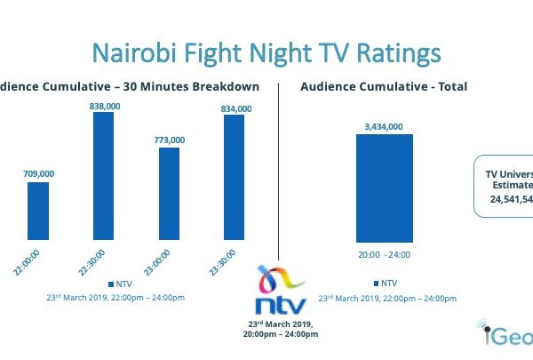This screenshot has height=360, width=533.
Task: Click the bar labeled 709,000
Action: coord(38,211)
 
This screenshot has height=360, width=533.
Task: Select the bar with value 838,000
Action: coord(103,176)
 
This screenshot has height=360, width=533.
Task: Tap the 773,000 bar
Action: coord(169,194)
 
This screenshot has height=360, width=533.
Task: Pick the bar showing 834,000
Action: coord(234,178)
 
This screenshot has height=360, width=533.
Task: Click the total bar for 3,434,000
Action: coord(385,187)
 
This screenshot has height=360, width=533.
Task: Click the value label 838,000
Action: coord(104,104)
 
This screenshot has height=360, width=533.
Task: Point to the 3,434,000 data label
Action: coord(385,126)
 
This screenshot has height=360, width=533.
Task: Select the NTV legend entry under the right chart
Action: coord(386,283)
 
